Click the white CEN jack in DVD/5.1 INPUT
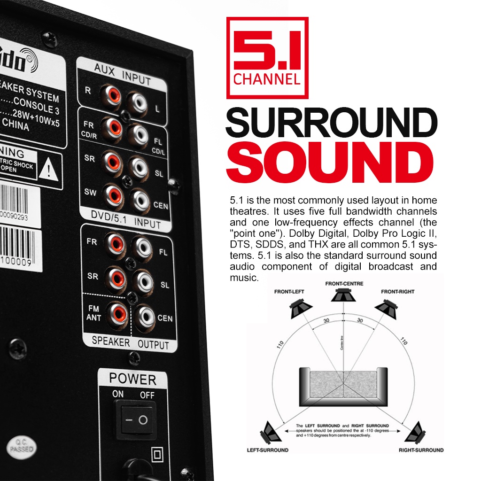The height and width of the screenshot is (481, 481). [140, 201]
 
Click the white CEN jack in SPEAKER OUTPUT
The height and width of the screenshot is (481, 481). [144, 317]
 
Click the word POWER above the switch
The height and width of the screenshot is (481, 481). [132, 378]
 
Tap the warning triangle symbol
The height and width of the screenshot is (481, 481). [48, 170]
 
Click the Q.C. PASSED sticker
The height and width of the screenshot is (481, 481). [22, 447]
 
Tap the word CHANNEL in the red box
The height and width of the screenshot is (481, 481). [267, 78]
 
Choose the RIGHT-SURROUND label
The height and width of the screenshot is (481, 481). [421, 450]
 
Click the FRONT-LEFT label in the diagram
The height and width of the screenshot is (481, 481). [289, 292]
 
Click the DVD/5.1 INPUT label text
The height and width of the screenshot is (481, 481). [125, 220]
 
